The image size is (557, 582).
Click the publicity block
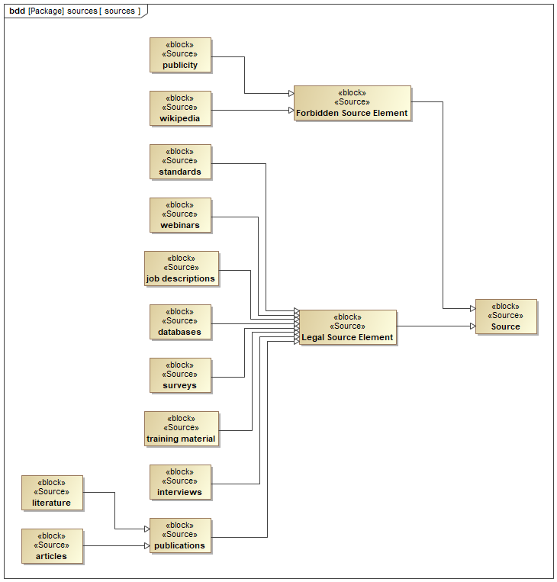[x=180, y=55]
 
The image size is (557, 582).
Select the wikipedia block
[x=180, y=108]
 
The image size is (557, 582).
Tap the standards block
[x=180, y=162]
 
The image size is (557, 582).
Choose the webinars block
[x=180, y=215]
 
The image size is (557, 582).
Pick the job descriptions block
[x=181, y=268]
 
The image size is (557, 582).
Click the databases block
[x=180, y=322]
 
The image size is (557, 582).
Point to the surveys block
[x=180, y=375]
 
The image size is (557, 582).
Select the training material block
[x=181, y=429]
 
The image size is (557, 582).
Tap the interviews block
[x=180, y=482]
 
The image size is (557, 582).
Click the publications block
[x=180, y=535]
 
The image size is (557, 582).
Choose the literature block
[x=52, y=493]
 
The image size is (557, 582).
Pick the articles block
[x=52, y=546]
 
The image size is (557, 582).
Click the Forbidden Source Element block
[x=352, y=103]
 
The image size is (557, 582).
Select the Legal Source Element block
[x=347, y=327]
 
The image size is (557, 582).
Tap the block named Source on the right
[x=505, y=317]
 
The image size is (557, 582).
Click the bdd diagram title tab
[x=75, y=11]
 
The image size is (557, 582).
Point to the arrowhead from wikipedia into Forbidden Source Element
[x=291, y=111]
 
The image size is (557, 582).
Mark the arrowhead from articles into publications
[x=147, y=545]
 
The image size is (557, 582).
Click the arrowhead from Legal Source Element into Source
[x=472, y=326]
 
